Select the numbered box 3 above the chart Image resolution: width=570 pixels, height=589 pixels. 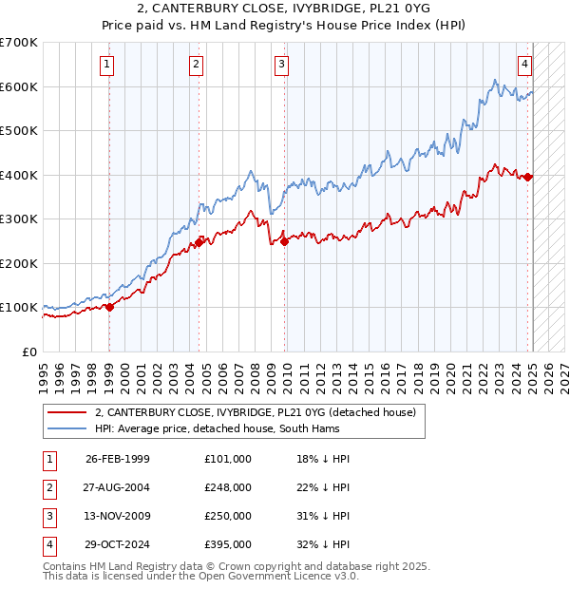282,65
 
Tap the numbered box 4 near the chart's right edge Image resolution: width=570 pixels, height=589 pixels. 524,65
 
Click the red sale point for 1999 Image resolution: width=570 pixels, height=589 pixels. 109,307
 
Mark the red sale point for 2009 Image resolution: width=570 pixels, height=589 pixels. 285,241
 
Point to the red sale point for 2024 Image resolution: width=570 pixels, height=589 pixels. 529,177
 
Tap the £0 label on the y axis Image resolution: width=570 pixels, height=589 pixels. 29,351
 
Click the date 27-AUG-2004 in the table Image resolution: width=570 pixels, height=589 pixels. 118,487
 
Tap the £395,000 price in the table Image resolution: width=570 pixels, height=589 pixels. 227,544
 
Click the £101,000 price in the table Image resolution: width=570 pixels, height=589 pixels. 227,459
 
